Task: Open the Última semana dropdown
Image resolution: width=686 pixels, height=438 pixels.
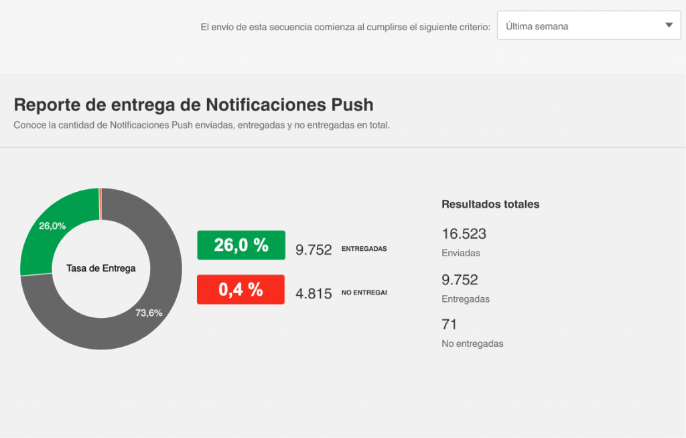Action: (x=588, y=25)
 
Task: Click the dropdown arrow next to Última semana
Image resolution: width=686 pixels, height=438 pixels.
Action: (x=669, y=25)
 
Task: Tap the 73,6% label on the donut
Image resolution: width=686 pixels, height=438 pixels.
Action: (x=149, y=313)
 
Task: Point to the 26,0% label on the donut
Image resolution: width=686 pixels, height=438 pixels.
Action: (x=52, y=226)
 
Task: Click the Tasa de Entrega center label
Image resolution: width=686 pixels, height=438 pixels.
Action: (x=100, y=268)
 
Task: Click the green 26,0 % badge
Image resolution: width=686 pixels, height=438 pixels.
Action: (x=241, y=245)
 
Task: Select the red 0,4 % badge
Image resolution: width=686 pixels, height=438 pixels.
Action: (x=241, y=290)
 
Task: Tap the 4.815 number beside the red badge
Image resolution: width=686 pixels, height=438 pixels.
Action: (x=314, y=294)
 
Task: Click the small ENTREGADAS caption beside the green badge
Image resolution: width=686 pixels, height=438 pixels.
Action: (x=364, y=249)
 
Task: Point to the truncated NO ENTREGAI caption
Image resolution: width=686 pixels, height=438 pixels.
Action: (x=364, y=292)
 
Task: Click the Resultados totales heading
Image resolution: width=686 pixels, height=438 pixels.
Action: (x=490, y=204)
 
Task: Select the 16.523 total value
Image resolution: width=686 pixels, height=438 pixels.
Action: (x=464, y=234)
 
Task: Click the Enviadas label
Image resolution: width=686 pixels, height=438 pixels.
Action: (x=461, y=254)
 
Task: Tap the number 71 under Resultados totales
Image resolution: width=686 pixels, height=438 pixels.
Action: (x=449, y=325)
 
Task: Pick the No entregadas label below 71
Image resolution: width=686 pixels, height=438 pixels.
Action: (x=472, y=343)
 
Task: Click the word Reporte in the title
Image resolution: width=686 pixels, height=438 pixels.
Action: (x=46, y=105)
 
